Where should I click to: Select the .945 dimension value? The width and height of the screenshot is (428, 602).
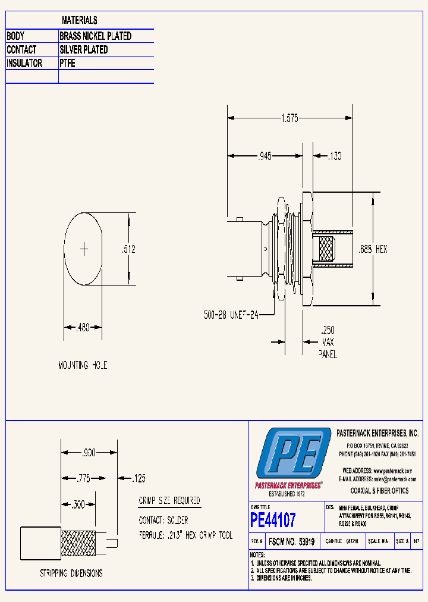tap(265, 156)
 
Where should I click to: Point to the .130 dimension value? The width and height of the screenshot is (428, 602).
tap(335, 156)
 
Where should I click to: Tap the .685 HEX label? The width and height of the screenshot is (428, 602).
tap(373, 249)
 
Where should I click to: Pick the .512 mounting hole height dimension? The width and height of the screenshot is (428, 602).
tap(129, 250)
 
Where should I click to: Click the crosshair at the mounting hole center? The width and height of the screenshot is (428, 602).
tap(84, 248)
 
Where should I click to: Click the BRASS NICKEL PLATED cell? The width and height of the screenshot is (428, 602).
tap(96, 36)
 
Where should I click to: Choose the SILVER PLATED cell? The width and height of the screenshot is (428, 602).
tap(84, 50)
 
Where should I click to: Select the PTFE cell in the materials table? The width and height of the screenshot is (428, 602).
tap(68, 63)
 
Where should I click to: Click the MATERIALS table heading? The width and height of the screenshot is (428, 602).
tap(80, 20)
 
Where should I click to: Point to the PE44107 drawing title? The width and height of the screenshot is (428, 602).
tap(273, 521)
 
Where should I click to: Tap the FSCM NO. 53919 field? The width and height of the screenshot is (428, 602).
tap(291, 542)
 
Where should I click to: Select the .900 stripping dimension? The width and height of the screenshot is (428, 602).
tap(89, 453)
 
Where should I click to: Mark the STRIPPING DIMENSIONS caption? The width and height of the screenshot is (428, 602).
tap(71, 573)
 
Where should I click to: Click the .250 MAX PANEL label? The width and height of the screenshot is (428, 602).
tap(328, 342)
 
